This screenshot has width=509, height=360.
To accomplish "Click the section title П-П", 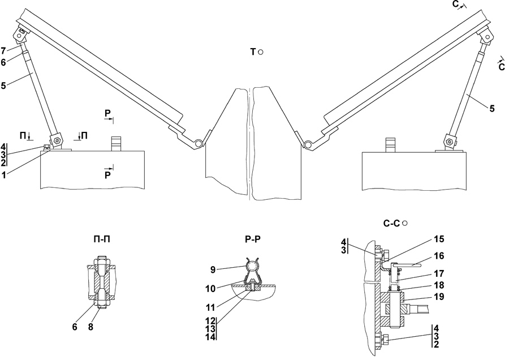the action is (101, 239).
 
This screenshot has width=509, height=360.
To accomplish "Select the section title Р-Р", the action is (253, 239).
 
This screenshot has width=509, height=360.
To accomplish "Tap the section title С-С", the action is (392, 224).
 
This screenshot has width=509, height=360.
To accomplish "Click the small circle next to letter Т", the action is (260, 52).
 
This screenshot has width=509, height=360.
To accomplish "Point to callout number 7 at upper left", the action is (3, 51).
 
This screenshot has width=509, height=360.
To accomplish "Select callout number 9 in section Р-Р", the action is (213, 269).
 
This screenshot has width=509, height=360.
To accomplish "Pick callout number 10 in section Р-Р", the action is (211, 289).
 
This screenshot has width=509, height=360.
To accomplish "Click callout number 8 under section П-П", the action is (90, 327).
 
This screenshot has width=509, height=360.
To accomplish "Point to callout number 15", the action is (438, 239).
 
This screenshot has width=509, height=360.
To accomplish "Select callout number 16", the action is (438, 256).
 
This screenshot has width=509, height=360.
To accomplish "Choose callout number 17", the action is (438, 273).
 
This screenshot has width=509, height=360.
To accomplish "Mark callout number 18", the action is (438, 285).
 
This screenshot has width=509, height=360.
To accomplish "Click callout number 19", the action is (438, 297).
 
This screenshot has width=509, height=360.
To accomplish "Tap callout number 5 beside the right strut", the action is (492, 109).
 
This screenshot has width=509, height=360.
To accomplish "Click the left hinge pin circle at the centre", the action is (198, 143).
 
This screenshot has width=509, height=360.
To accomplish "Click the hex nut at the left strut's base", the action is (58, 140).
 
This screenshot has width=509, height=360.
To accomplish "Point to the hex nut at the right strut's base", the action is (450, 142).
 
